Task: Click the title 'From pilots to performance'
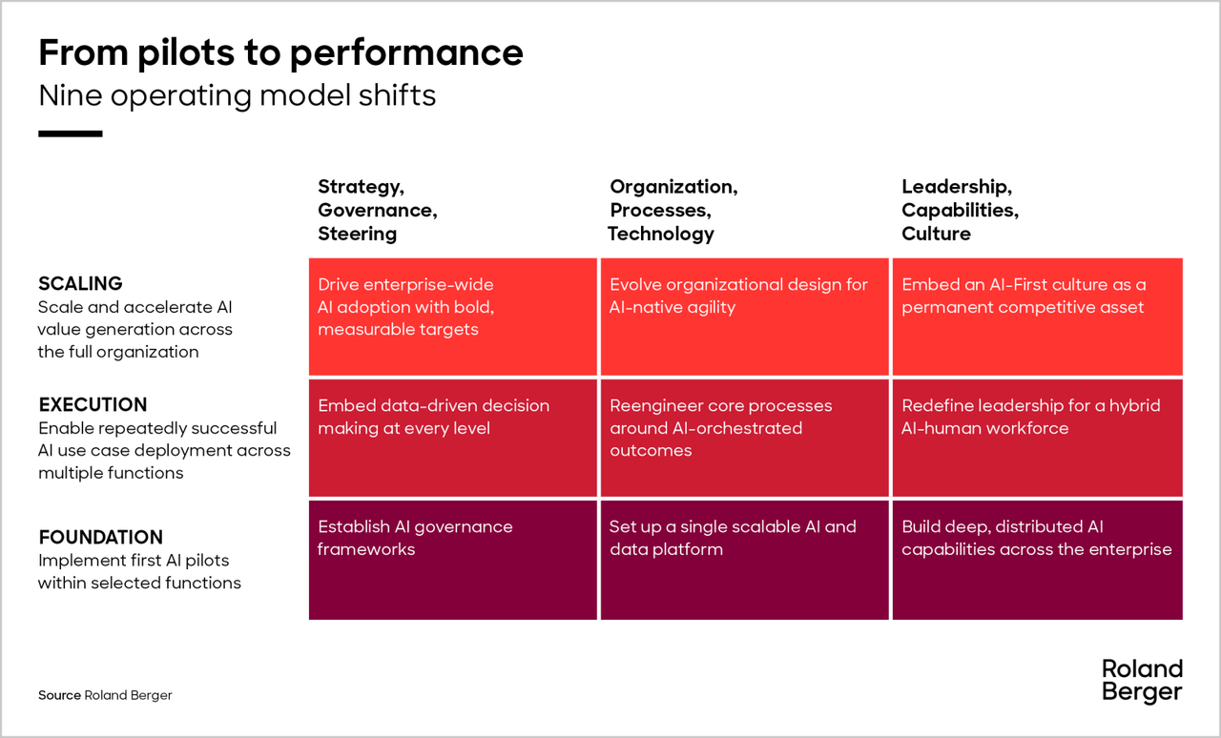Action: [x=280, y=53]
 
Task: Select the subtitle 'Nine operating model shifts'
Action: [x=238, y=96]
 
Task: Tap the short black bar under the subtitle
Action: [x=71, y=133]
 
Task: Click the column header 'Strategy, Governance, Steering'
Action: [x=378, y=210]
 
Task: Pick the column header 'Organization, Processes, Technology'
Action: [x=673, y=210]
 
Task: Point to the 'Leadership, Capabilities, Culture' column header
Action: [x=960, y=210]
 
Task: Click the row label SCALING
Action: [x=81, y=283]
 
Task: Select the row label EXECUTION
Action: [x=93, y=404]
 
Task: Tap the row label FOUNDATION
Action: [x=101, y=537]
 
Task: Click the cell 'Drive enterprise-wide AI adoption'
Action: [x=452, y=317]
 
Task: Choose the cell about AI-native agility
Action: [x=745, y=317]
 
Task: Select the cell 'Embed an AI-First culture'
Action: [x=1037, y=317]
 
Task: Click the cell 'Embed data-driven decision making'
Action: [x=452, y=438]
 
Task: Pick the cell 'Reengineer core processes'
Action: [x=745, y=438]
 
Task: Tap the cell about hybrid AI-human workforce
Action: [x=1037, y=438]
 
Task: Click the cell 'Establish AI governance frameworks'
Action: [x=452, y=560]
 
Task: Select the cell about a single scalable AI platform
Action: [x=745, y=560]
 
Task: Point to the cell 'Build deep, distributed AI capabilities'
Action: [x=1037, y=560]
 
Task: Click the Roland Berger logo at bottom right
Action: [x=1142, y=681]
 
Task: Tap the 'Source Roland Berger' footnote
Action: [x=105, y=695]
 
